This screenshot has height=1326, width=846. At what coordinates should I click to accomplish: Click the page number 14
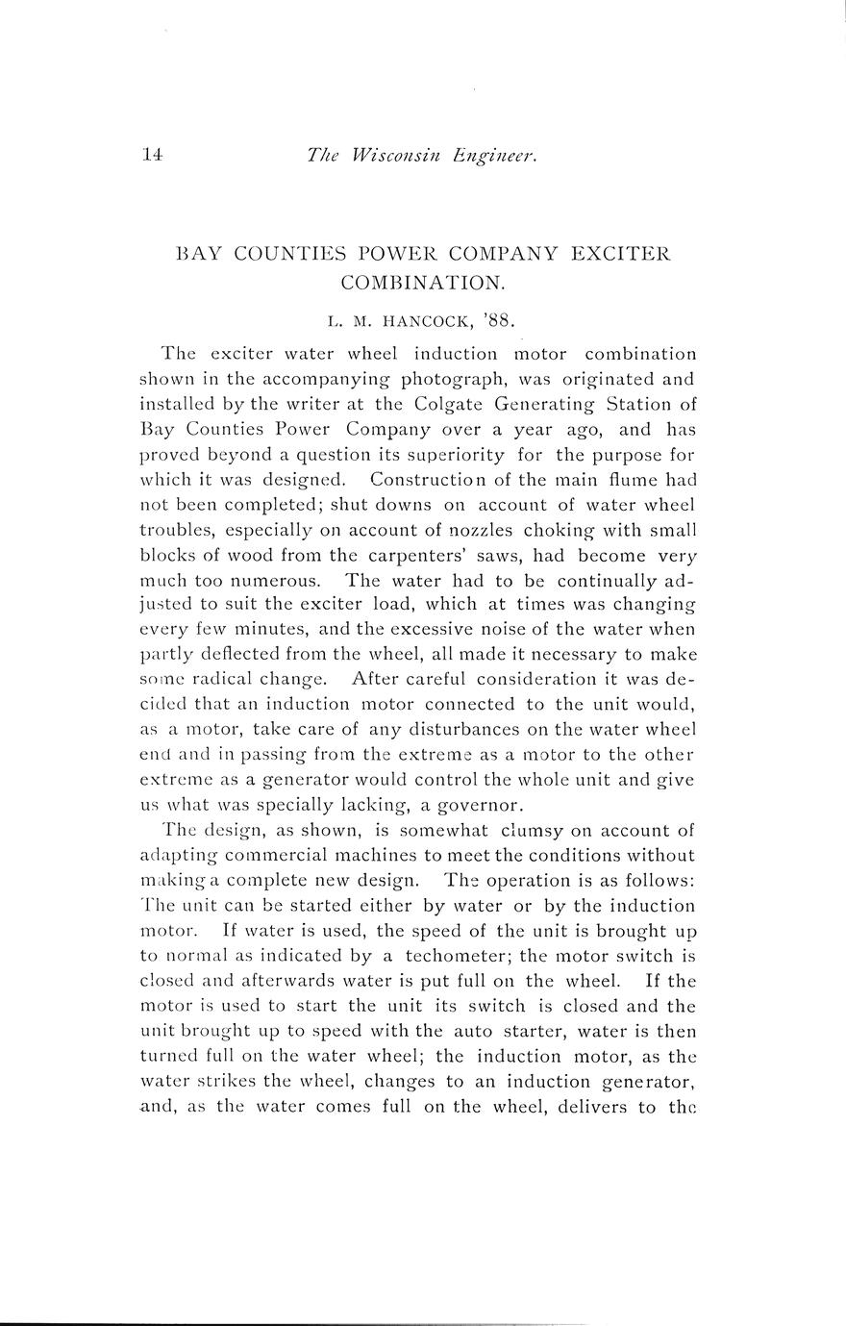[x=152, y=153]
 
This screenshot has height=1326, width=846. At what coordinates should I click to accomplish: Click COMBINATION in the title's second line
[x=422, y=284]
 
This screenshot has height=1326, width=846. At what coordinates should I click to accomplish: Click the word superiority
[x=490, y=454]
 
